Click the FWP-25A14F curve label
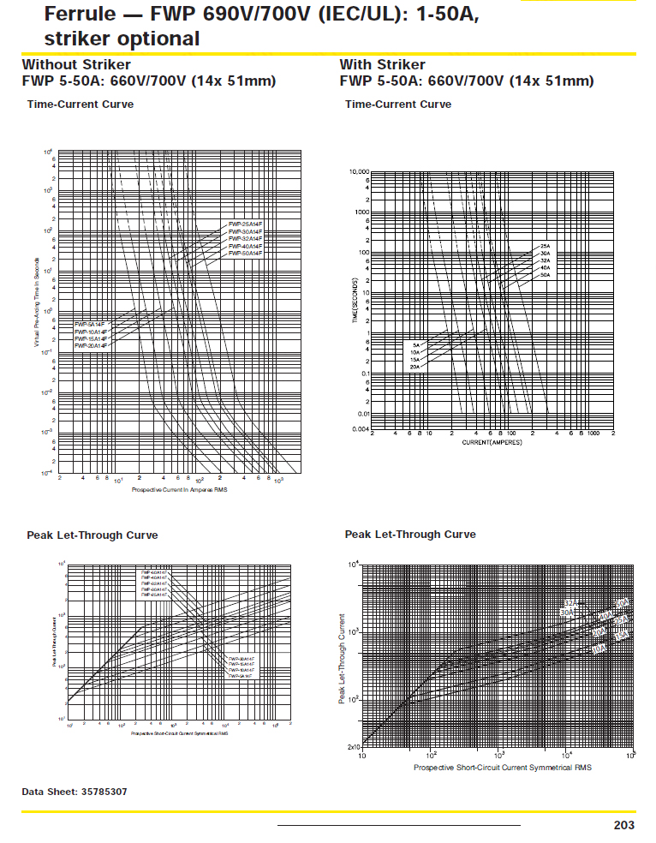click(245, 224)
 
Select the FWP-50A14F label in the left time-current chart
click(245, 254)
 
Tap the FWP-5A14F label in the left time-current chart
click(89, 325)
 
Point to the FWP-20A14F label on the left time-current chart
click(91, 345)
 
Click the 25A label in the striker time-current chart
click(545, 246)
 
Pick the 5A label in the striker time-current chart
click(416, 344)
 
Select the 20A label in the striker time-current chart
click(415, 367)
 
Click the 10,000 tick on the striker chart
click(358, 171)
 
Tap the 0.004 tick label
click(359, 428)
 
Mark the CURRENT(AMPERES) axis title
click(492, 442)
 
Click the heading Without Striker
click(76, 64)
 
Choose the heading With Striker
click(382, 64)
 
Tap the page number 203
click(624, 825)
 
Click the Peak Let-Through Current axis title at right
click(343, 659)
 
